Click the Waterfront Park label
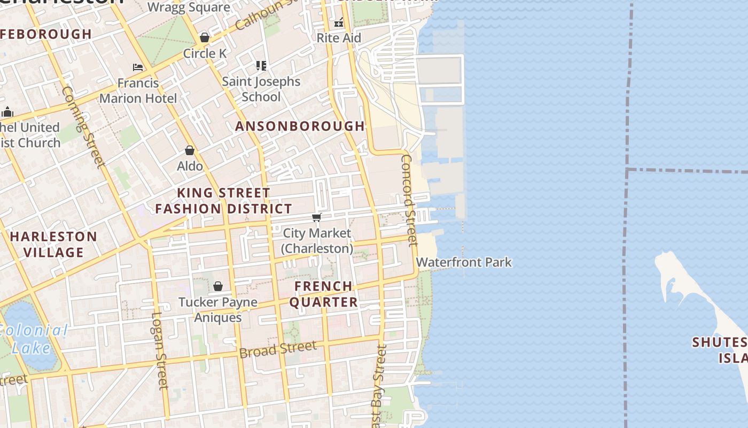click(464, 262)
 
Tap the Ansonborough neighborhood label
click(300, 126)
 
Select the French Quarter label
click(323, 294)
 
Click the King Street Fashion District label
click(223, 201)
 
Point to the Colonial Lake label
click(33, 339)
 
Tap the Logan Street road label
click(160, 350)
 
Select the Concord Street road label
click(409, 200)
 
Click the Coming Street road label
click(82, 127)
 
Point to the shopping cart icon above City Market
click(317, 217)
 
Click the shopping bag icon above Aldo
click(190, 150)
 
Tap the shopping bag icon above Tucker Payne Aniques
click(217, 286)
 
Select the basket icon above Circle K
click(204, 37)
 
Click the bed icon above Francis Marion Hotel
click(138, 67)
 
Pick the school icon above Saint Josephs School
click(261, 66)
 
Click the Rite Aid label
click(339, 38)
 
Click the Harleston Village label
click(53, 244)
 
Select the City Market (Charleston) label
click(317, 241)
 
